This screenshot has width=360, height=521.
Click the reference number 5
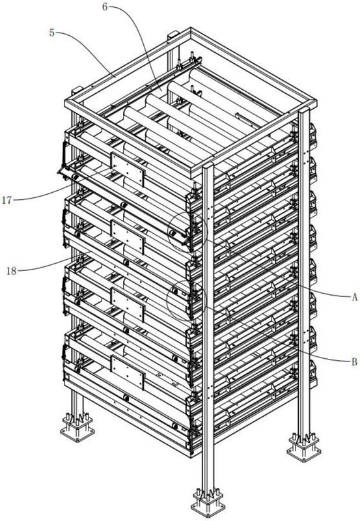pos(52,33)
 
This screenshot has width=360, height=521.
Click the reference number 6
pos(105,7)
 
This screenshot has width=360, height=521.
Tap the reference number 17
pos(7,200)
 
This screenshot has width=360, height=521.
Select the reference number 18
pos(11,271)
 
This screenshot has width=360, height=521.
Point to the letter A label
pos(354,297)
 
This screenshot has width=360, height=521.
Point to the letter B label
pos(354,361)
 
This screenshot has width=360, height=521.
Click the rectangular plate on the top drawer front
pos(128,169)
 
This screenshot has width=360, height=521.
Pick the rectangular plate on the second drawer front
pos(128,237)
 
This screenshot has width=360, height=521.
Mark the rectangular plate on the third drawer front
pos(128,305)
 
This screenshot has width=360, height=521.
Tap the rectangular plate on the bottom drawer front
pos(128,373)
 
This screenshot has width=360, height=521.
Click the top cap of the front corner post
pos(208,165)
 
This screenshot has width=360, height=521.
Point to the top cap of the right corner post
pos(303,110)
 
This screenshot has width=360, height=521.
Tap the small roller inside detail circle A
pos(172,233)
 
